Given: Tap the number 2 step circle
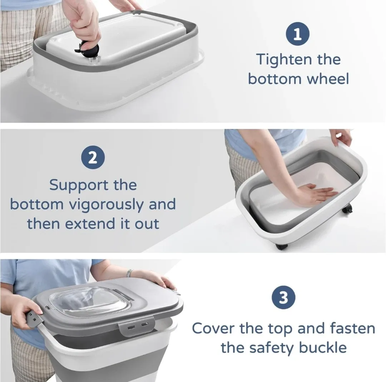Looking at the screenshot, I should pyautogui.click(x=93, y=157).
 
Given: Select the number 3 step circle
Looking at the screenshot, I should pyautogui.click(x=283, y=298).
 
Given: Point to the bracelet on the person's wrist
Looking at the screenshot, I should pyautogui.click(x=129, y=273).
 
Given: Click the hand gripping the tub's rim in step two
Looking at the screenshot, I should pyautogui.click(x=341, y=137).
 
